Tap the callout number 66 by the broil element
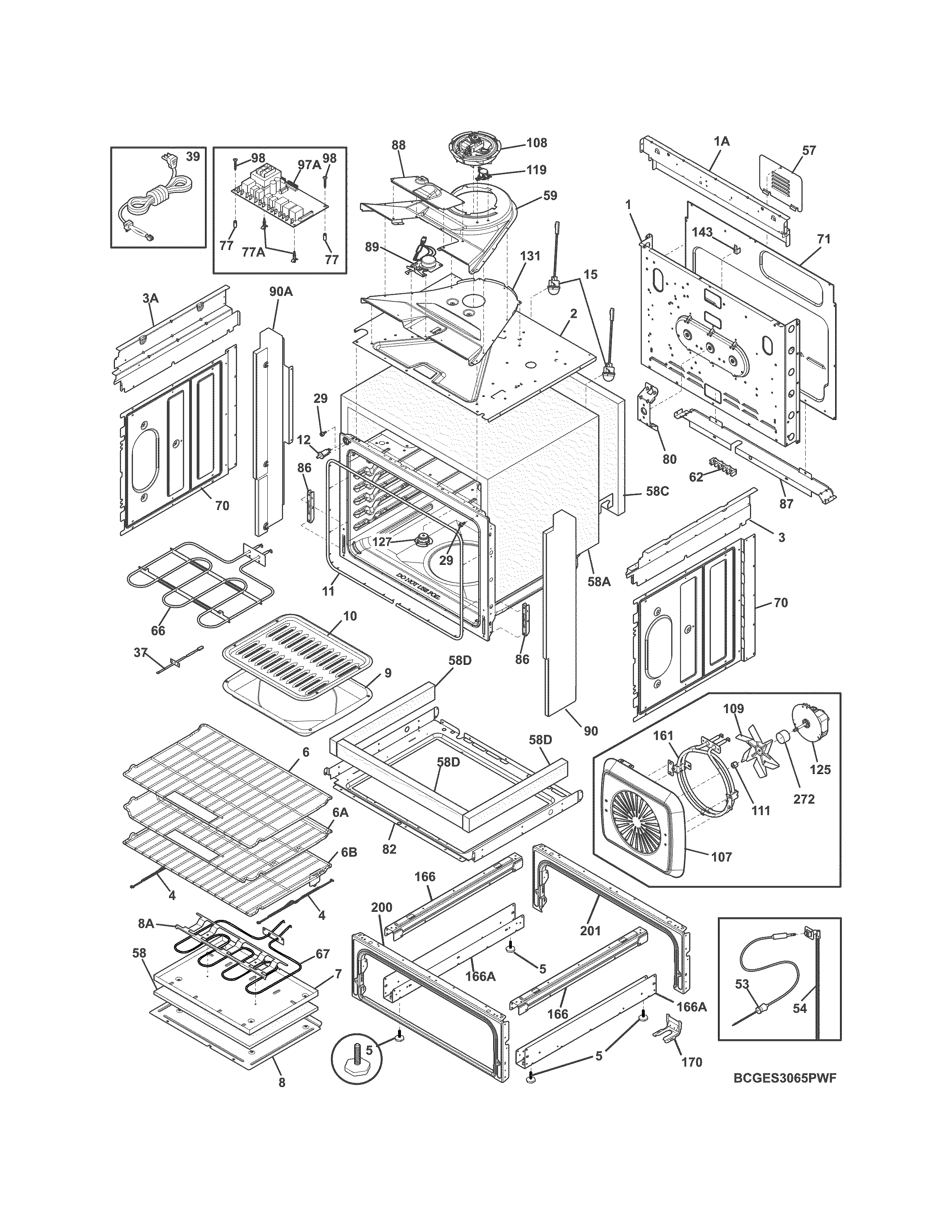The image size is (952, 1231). coord(158,630)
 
